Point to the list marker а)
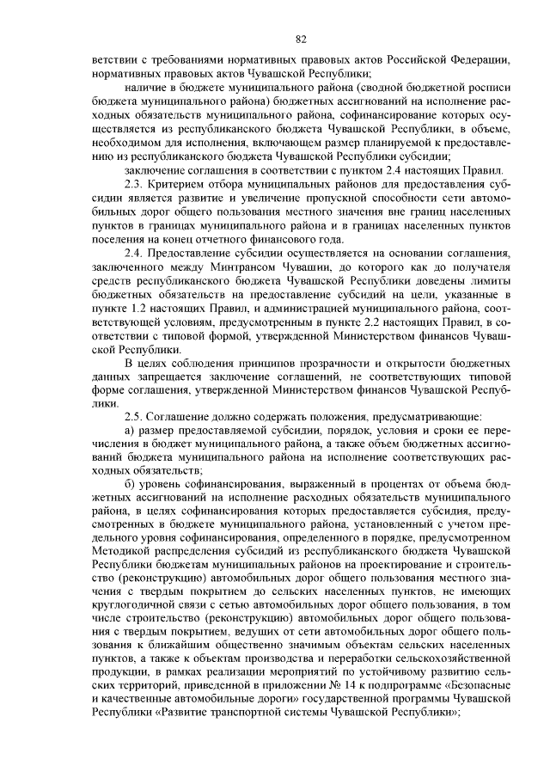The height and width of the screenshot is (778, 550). pyautogui.click(x=131, y=428)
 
